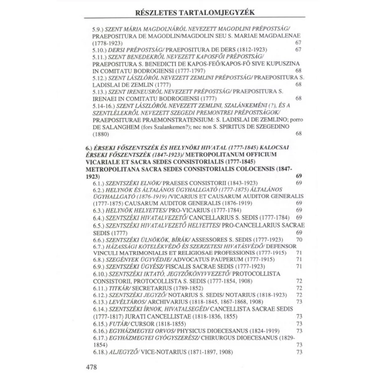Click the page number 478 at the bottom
tap(91, 367)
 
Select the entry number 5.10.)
tap(100, 49)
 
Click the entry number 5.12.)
tap(100, 78)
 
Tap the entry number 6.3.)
tap(98, 210)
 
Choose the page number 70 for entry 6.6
tap(299, 239)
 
